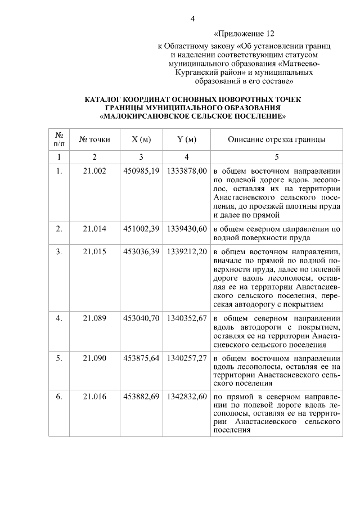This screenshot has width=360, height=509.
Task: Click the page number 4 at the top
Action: pos(193,19)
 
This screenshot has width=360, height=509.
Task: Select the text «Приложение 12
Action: pos(245,34)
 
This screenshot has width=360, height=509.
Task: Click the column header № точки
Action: pos(94,139)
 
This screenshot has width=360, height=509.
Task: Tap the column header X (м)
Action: pos(141,139)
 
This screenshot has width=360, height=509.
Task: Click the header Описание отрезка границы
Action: pos(277,139)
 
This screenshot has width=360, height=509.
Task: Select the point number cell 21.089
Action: pos(94,318)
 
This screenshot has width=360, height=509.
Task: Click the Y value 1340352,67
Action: pos(187,318)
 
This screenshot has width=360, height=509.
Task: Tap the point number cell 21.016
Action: pos(94,397)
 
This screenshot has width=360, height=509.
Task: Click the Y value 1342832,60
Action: pos(187,397)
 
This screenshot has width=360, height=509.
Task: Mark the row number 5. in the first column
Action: pos(59,358)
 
